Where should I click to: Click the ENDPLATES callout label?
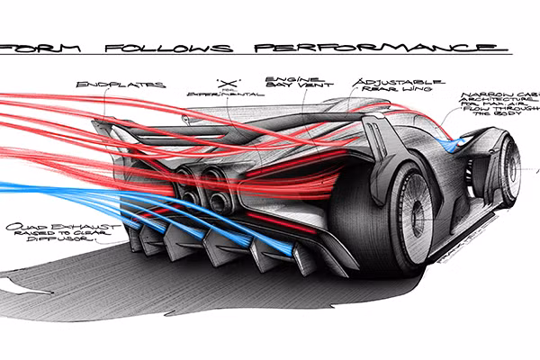point(134,85)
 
